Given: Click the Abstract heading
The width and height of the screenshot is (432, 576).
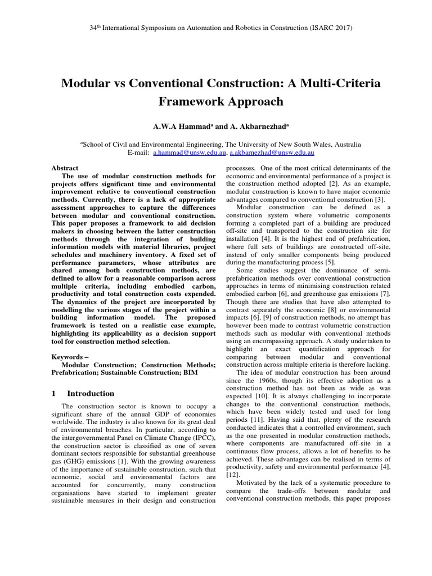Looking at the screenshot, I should click(65, 168).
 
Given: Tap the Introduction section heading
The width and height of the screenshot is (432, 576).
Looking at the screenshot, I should click(91, 394).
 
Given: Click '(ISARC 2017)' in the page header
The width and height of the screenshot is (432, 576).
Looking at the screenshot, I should click(332, 27).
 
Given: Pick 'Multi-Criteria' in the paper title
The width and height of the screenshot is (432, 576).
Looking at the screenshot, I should click(343, 83).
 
